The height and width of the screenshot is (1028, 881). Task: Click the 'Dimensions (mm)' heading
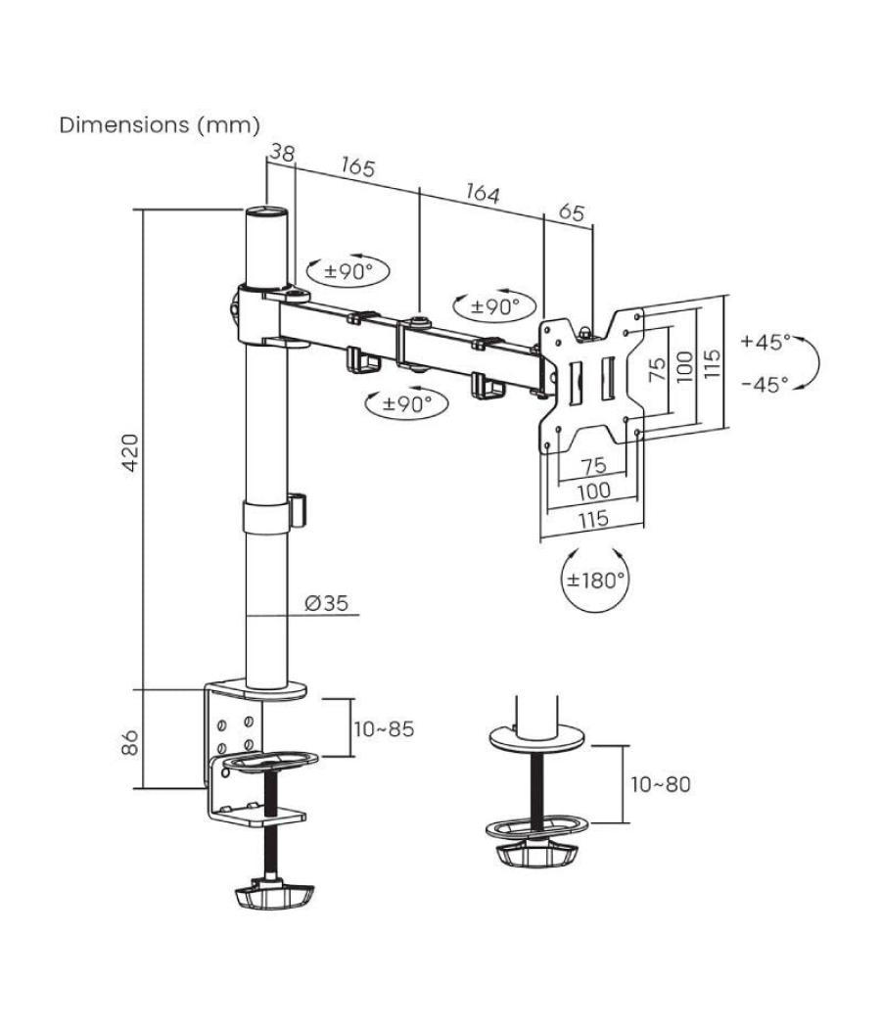tap(160, 124)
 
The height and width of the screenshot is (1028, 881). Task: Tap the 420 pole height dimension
tap(131, 451)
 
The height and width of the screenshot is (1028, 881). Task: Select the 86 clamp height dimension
tap(131, 742)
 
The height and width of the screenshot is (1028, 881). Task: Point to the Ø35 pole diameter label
tap(327, 602)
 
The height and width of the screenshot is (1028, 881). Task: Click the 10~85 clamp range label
tap(384, 729)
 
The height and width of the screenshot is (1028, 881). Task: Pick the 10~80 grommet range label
tap(661, 784)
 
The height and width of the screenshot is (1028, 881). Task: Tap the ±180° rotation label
tap(595, 581)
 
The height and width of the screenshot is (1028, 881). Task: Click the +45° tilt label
tap(765, 342)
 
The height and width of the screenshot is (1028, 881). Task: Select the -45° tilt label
tap(765, 384)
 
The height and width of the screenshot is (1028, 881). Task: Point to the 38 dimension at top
tap(282, 154)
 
